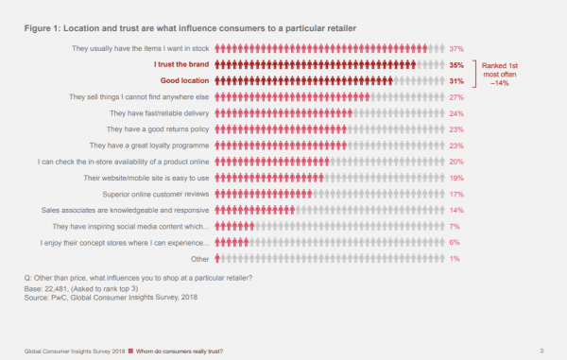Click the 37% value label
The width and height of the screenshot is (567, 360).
[455, 48]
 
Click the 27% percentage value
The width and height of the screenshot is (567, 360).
[455, 96]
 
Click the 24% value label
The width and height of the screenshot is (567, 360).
[455, 112]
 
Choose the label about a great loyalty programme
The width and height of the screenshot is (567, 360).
[150, 146]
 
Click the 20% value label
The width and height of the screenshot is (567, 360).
[455, 162]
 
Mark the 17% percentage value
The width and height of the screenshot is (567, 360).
[455, 194]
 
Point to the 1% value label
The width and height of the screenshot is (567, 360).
[455, 258]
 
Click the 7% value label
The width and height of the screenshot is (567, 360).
[455, 226]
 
